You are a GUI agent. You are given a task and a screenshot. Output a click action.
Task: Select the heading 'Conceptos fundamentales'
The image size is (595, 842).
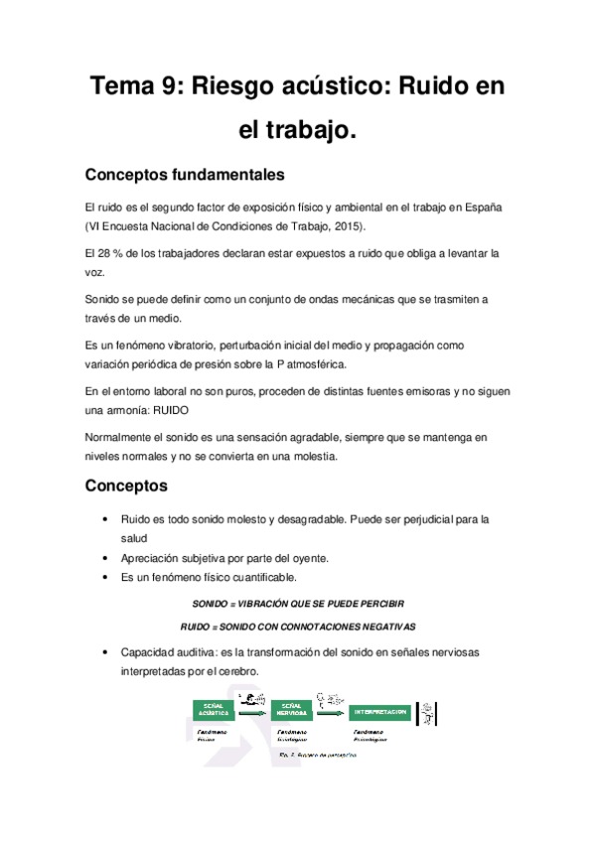pyautogui.click(x=185, y=175)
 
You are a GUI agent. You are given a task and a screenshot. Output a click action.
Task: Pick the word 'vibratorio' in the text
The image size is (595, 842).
pyautogui.click(x=199, y=345)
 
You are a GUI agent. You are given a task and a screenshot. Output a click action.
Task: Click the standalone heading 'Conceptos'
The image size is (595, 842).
pyautogui.click(x=126, y=487)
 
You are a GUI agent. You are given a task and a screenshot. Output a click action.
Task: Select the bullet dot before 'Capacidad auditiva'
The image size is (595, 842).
pyautogui.click(x=106, y=652)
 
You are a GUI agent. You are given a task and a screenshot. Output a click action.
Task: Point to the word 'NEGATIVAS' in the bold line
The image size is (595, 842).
pyautogui.click(x=383, y=627)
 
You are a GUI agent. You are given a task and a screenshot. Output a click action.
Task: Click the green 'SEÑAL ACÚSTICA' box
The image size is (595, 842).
pyautogui.click(x=214, y=711)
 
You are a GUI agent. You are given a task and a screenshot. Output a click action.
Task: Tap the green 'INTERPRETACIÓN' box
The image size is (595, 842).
pyautogui.click(x=379, y=711)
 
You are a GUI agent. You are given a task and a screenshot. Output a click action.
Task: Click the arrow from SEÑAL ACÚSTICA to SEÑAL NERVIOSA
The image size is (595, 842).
pyautogui.click(x=252, y=711)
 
